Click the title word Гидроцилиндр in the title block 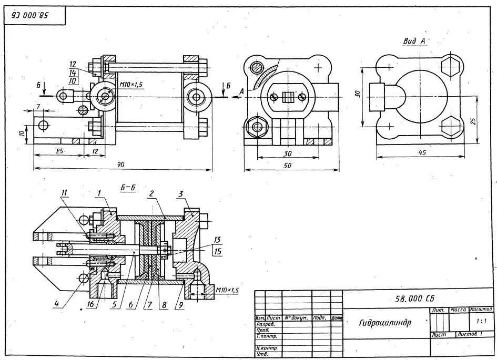[x=385, y=322]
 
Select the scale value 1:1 [x=481, y=321]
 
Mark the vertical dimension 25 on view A [x=473, y=121]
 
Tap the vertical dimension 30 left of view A [x=356, y=93]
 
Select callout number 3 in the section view [x=181, y=193]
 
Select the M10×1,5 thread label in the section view [x=228, y=290]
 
